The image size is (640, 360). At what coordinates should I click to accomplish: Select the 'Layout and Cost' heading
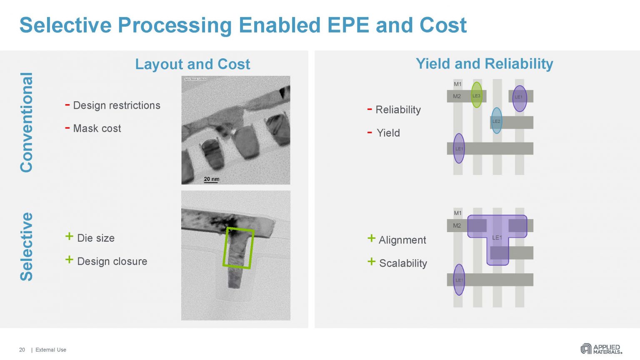click(192, 64)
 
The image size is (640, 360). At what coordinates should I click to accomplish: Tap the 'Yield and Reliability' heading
click(484, 64)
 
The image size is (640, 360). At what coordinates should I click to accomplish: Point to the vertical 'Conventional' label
click(27, 122)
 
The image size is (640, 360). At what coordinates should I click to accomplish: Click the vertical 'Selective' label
click(27, 246)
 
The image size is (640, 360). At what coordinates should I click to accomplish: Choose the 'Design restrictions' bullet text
click(117, 105)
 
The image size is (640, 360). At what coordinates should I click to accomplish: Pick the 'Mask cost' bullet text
click(97, 128)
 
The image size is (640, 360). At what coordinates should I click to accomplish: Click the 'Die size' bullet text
click(96, 238)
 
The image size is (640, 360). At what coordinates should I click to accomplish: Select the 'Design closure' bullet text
click(112, 261)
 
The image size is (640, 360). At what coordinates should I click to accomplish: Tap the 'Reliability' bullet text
click(398, 110)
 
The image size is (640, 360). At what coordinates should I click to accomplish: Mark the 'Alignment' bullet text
click(402, 240)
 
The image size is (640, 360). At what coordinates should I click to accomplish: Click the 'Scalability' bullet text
click(403, 263)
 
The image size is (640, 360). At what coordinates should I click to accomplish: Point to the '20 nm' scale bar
click(211, 180)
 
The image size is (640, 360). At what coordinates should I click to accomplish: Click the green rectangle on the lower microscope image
click(238, 247)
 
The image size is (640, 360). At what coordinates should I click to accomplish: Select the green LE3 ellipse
click(476, 95)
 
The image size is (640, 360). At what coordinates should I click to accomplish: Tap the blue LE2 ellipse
click(496, 121)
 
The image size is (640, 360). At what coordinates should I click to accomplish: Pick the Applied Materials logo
click(601, 349)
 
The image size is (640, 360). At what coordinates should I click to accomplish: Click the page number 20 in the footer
click(22, 350)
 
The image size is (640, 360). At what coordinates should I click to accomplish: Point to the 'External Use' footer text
click(51, 350)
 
